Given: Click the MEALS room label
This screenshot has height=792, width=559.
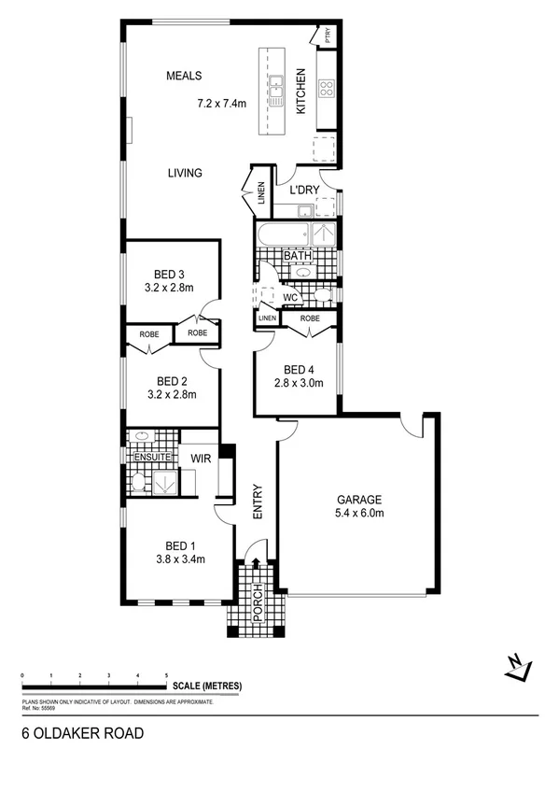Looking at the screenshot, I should tap(185, 76).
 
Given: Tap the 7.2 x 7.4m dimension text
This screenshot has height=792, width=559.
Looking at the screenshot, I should tap(221, 103).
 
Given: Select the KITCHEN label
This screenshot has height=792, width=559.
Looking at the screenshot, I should tap(300, 92).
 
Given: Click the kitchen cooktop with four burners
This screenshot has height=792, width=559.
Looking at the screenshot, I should tap(327, 89).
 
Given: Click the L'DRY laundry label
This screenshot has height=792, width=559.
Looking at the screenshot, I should tap(304, 190).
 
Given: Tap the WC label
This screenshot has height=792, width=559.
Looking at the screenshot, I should tap(289, 298).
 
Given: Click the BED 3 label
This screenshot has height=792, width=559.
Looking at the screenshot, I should tap(169, 274).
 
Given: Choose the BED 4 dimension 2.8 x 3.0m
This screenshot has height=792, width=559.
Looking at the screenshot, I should tap(299, 382).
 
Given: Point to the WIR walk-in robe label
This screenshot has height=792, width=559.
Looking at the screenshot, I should tap(200, 459).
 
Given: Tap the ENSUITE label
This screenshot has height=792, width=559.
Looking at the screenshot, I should tap(152, 458).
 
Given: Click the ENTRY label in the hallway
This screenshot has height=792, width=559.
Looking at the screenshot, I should tap(260, 502).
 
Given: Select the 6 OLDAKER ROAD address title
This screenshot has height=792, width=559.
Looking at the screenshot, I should tap(82, 733).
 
